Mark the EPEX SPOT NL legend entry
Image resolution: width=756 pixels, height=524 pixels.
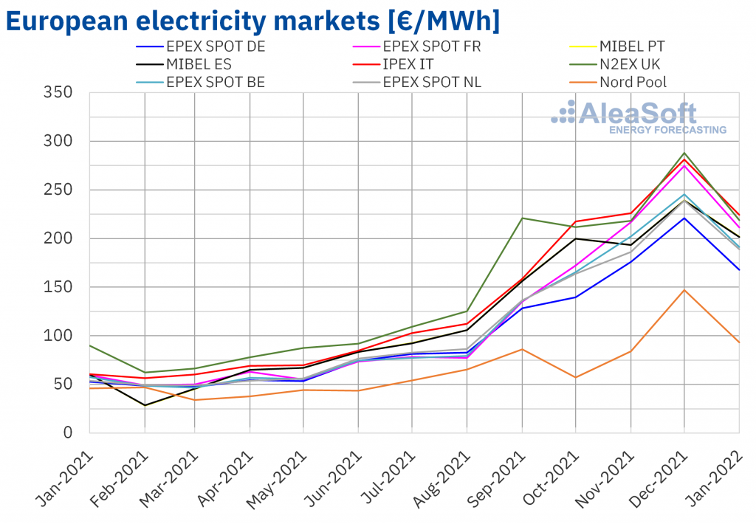[432, 82]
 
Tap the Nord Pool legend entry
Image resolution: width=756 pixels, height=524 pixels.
[633, 82]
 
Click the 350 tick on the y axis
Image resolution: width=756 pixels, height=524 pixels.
[58, 92]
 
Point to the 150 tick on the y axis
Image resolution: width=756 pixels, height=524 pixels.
[58, 287]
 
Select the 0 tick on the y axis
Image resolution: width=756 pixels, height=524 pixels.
[67, 432]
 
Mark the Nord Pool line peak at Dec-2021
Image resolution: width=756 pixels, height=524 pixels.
[684, 289]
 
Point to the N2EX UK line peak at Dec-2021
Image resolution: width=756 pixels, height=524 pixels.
[684, 153]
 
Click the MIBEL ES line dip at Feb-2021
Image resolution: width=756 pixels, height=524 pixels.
[145, 405]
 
